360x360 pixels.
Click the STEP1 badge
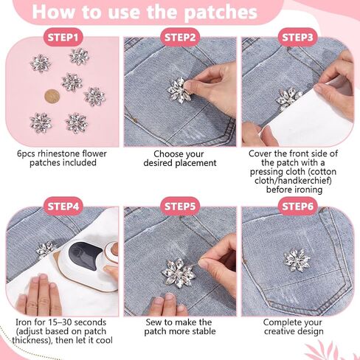tap(63, 38)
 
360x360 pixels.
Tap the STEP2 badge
tap(180, 38)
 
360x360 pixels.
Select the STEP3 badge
tap(297, 38)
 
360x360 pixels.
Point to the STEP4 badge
tap(63, 207)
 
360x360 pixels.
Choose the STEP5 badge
tap(180, 207)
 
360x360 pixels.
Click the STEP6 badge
tap(297, 207)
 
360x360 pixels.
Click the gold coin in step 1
tap(52, 97)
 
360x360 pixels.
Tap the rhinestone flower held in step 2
tap(179, 91)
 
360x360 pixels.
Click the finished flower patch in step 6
tap(297, 260)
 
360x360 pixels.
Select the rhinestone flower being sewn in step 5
tap(179, 273)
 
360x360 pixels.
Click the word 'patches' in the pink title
tap(221, 13)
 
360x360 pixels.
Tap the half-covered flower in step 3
tap(288, 98)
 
